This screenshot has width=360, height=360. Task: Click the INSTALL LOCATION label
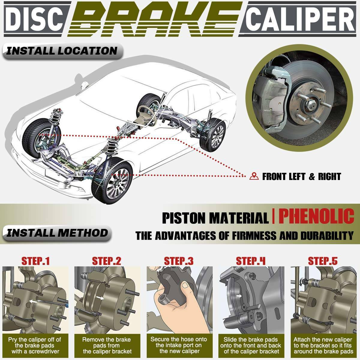click(x=61, y=51)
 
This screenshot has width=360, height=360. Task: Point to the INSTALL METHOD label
click(x=57, y=233)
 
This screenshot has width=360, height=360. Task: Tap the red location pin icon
click(x=254, y=176)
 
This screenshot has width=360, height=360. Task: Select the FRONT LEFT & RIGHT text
click(x=301, y=176)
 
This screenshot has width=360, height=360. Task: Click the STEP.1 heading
click(x=35, y=261)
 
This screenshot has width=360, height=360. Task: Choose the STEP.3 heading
click(x=179, y=261)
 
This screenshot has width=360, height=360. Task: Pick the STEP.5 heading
click(x=323, y=261)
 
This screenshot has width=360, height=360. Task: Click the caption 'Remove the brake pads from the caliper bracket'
click(x=107, y=345)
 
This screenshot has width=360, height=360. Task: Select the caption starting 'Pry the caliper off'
click(x=35, y=345)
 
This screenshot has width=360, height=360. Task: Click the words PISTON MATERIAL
click(x=215, y=218)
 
